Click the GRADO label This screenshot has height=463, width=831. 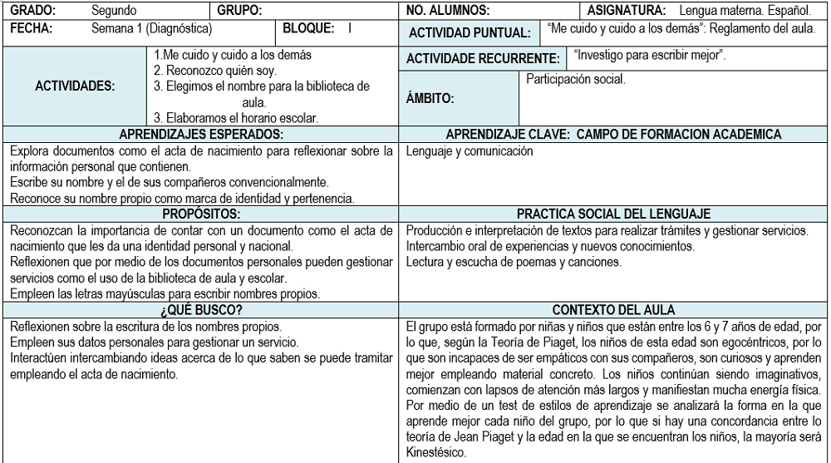coord(32,11)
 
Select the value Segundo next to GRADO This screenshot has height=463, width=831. coord(114,11)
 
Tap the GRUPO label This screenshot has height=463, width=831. coord(240,11)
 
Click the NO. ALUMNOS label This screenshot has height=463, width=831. coord(448,11)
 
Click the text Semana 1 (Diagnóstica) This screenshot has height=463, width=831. coord(151,28)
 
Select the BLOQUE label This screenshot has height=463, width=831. coord(308,28)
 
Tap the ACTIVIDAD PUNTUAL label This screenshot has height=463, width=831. coord(470,33)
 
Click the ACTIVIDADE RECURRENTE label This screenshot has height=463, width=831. coord(483,59)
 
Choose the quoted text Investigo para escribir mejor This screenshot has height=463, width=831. coord(650,56)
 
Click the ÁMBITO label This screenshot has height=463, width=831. coord(430,98)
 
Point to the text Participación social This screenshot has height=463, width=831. coord(576,80)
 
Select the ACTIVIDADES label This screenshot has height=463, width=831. coord(76,86)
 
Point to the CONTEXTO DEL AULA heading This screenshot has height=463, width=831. coord(613,310)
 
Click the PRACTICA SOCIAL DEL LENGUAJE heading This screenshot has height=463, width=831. coord(613,214)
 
